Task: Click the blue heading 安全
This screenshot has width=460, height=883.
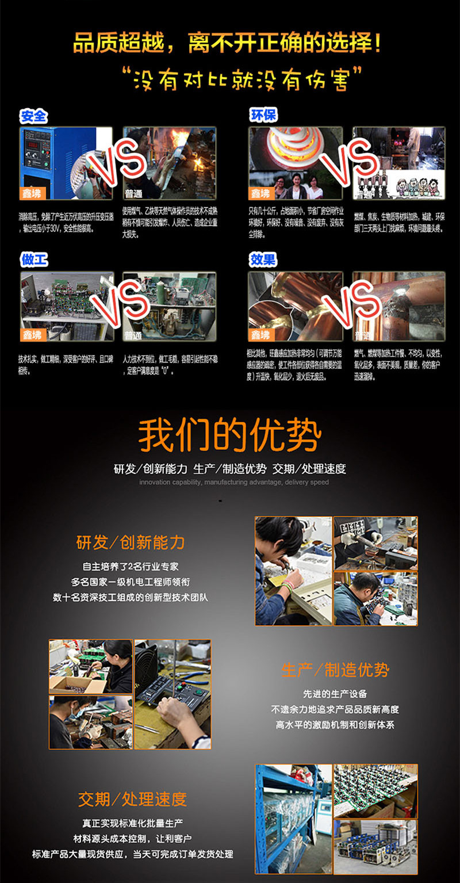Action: coord(33,116)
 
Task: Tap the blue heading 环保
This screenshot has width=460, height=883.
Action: coord(263,115)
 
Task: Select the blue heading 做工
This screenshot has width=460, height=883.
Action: coord(34,260)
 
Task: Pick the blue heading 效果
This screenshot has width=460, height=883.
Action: coord(263,260)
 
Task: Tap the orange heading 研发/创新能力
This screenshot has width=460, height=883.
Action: coord(131,542)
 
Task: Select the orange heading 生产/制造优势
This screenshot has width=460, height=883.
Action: coord(335,670)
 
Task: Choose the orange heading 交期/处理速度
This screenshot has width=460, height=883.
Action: coord(132,799)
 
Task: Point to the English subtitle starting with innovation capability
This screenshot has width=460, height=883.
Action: coord(234,482)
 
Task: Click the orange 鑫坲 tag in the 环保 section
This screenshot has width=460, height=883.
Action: coord(260,193)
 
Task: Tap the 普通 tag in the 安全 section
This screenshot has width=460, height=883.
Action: coord(134,193)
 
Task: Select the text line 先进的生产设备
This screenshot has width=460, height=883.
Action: coord(335,694)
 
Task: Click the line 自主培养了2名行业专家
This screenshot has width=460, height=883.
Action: coord(131,567)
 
